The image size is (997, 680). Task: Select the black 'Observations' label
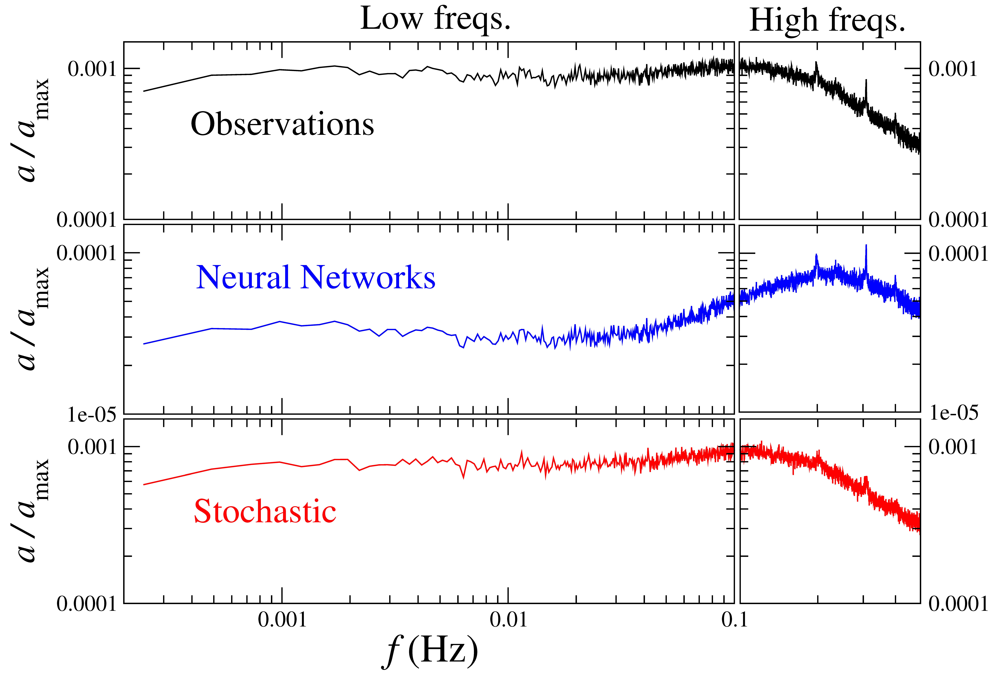pyautogui.click(x=282, y=124)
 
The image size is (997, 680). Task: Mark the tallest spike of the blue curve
pyautogui.click(x=866, y=245)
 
